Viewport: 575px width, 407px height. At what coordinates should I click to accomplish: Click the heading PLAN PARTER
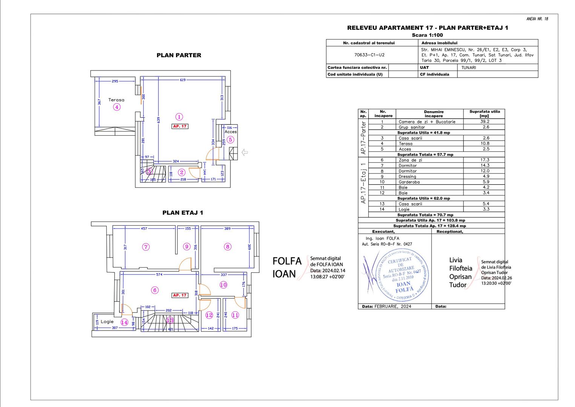[179, 55]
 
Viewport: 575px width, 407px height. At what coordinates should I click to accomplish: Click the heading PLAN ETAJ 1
[182, 213]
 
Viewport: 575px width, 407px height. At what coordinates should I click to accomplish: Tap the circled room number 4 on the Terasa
[117, 107]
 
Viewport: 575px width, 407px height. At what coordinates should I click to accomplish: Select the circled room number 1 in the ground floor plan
[179, 117]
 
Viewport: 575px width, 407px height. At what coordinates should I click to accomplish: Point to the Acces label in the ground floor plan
[230, 132]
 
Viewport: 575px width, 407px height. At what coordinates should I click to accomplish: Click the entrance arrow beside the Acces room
[245, 152]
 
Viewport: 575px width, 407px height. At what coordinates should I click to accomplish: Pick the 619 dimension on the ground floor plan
[182, 80]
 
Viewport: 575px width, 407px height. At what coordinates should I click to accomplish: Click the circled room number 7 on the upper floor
[146, 247]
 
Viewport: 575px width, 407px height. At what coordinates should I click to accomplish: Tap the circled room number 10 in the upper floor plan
[223, 285]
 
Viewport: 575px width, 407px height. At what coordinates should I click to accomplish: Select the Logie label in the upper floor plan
[107, 321]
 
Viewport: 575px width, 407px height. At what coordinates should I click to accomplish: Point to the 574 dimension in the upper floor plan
[159, 274]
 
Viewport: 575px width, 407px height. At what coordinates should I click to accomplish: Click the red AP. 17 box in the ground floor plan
[179, 126]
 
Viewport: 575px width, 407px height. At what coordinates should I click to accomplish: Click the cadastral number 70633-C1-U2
[369, 55]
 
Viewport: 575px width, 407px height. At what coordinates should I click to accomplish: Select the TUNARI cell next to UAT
[468, 68]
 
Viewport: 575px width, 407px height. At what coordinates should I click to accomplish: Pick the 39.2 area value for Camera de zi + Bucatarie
[485, 122]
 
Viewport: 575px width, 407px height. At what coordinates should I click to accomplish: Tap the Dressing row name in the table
[407, 176]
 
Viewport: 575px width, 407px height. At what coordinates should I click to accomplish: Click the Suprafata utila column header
[485, 114]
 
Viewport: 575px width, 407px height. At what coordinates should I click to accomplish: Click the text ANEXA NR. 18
[537, 19]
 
